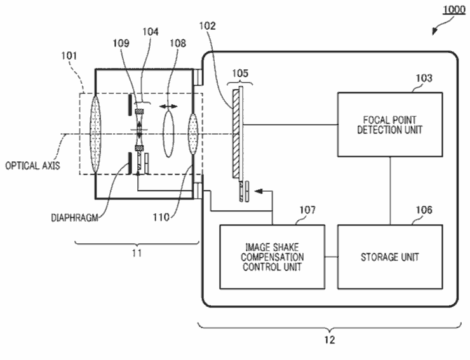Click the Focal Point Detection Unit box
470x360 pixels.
pos(390,124)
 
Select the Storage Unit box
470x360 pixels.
pos(390,257)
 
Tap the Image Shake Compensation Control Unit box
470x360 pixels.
pos(272,257)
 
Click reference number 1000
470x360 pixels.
pos(454,10)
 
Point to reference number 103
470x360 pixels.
pos(424,78)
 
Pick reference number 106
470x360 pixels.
pos(424,210)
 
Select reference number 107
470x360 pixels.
pos(307,210)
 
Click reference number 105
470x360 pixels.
pos(240,73)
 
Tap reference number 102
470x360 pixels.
pos(208,26)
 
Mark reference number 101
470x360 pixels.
pos(69,56)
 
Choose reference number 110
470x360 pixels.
pos(161,217)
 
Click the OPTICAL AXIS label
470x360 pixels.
pos(32,166)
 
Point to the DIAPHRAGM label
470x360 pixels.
pos(75,218)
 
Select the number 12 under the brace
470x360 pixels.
pos(330,340)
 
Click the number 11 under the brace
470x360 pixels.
pos(137,253)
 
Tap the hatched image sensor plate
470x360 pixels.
pos(236,134)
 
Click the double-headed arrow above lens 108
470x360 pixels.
pos(168,107)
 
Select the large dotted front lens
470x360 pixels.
pos(95,134)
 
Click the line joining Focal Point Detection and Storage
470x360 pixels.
pos(390,190)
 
